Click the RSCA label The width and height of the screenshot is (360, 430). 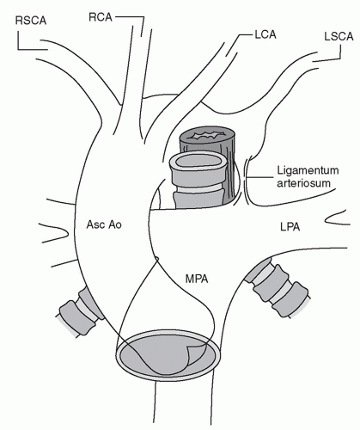(x=31, y=21)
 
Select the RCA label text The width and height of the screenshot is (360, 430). (x=101, y=17)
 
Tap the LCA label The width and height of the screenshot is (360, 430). (x=265, y=34)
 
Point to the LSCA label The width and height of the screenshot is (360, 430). (x=339, y=37)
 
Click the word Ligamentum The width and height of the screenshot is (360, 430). (x=308, y=171)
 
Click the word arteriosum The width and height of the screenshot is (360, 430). (x=303, y=183)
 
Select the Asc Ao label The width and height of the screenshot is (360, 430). (x=104, y=224)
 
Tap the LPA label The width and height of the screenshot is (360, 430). (x=290, y=227)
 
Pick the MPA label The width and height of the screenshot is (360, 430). (x=197, y=279)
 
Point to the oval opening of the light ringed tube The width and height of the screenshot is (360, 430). (x=198, y=162)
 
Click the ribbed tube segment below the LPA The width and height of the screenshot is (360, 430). (x=277, y=287)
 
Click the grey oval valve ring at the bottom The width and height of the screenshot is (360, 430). (x=168, y=355)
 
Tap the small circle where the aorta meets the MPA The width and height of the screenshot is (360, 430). (x=156, y=259)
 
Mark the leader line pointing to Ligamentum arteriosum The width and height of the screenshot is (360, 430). (x=259, y=177)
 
